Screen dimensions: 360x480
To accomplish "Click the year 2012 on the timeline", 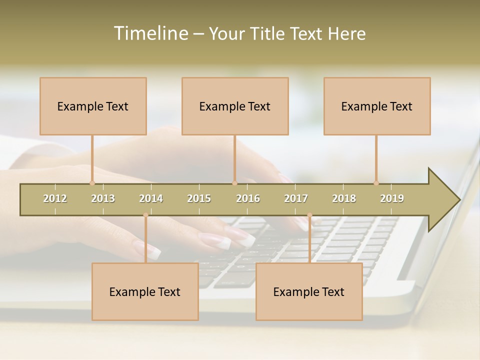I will click(x=55, y=198).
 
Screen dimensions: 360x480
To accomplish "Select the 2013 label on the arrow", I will click(x=103, y=198).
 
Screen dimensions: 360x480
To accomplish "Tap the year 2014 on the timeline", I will click(x=151, y=198).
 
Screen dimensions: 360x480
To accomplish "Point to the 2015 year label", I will click(x=199, y=198).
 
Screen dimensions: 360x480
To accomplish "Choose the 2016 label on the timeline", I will click(x=248, y=198).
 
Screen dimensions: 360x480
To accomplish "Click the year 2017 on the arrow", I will click(x=296, y=198).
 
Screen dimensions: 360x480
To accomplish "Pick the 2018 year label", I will click(x=344, y=198).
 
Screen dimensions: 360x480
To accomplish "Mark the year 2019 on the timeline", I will click(x=392, y=198).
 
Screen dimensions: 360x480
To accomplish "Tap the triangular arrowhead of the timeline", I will click(x=443, y=200).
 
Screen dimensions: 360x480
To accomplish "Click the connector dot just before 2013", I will click(x=92, y=183).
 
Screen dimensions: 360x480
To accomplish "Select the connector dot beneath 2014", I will click(x=145, y=215).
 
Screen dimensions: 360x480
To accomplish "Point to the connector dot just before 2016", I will click(x=234, y=183).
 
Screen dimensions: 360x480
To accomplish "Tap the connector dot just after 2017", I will click(x=309, y=215).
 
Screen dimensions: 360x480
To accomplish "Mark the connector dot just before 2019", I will click(x=376, y=183).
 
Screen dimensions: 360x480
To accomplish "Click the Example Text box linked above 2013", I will click(x=93, y=106).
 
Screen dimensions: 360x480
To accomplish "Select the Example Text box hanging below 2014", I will click(x=145, y=291).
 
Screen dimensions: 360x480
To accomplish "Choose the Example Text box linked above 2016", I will click(x=235, y=106).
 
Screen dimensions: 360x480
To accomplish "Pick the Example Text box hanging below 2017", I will click(x=309, y=291).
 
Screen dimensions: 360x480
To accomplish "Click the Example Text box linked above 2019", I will click(x=377, y=106).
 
